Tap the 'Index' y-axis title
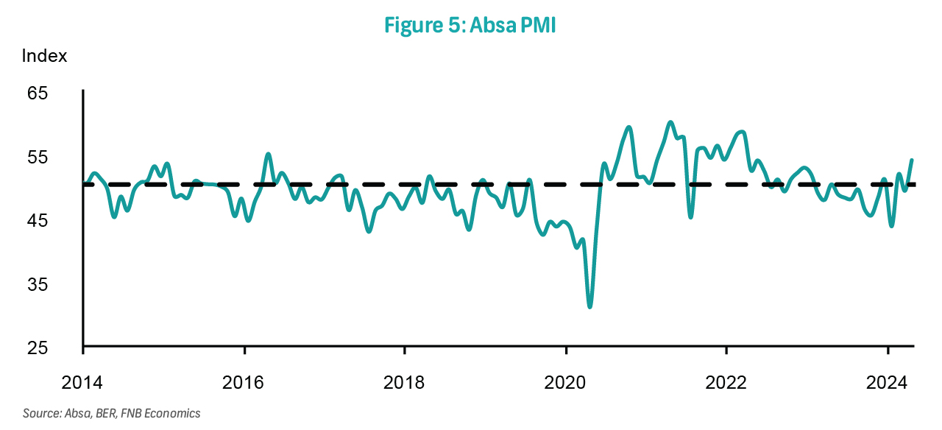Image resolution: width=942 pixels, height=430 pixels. pos(44,56)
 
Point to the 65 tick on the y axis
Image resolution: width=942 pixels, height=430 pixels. pos(38,94)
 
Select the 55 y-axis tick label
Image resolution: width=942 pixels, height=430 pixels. pos(38,157)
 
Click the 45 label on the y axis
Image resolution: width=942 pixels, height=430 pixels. pos(38,220)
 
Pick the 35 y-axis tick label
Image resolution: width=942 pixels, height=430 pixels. pos(38,284)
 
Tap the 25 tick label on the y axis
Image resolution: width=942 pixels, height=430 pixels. pos(38,348)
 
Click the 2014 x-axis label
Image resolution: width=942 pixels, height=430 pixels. pos(82,383)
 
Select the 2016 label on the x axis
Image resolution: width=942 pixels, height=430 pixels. pos(244,383)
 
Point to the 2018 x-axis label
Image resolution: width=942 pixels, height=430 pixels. pos(404,383)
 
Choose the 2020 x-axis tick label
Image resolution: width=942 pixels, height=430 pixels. pos(565,383)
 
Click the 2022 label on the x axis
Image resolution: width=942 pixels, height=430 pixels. pos(726,383)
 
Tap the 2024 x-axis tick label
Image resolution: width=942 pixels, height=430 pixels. pos(888,383)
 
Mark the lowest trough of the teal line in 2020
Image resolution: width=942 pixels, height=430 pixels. pos(590,306)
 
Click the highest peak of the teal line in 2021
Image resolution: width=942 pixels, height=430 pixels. pos(670,122)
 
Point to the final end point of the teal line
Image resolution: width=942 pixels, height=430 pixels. pos(913,160)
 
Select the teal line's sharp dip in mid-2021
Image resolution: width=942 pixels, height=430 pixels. pos(690,217)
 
